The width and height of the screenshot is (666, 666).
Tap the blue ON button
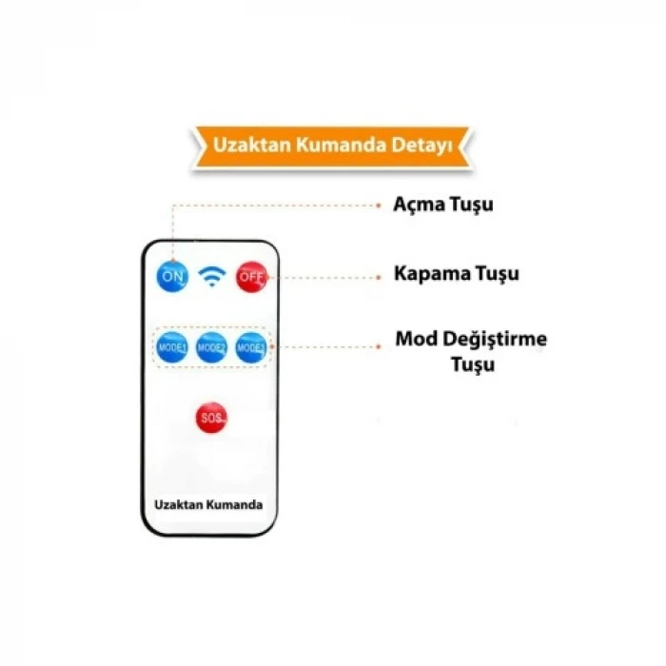(x=173, y=276)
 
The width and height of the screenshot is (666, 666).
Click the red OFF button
(x=251, y=276)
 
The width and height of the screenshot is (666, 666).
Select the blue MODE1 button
(x=172, y=348)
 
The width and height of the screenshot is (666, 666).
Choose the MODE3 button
(x=250, y=348)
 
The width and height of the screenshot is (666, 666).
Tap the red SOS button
(x=211, y=418)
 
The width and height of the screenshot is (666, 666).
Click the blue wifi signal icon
(x=211, y=276)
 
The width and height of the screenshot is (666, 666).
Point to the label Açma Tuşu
(x=443, y=205)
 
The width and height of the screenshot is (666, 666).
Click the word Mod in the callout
(x=413, y=340)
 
